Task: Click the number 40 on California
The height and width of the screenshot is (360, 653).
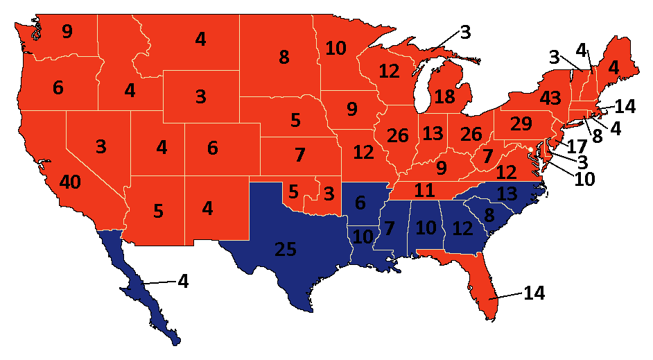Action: [69, 182]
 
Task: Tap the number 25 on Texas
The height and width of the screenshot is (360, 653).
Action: [288, 249]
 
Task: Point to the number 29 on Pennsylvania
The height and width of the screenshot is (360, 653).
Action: [521, 125]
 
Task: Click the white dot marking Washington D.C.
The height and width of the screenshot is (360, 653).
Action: [530, 149]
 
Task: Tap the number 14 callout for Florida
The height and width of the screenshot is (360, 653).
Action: [534, 293]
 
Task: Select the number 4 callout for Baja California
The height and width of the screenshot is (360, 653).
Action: [183, 282]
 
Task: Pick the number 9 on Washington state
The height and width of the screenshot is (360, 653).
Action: [67, 32]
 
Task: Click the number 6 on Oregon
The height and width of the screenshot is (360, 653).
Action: [58, 88]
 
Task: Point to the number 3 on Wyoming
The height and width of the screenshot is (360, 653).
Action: [200, 96]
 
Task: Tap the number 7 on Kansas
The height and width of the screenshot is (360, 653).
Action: [299, 155]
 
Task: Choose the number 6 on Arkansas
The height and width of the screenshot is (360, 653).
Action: [359, 203]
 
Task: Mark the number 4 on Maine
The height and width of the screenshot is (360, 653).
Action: [613, 69]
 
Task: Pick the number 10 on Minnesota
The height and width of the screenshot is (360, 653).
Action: [336, 49]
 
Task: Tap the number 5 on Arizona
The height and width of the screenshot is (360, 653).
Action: [158, 211]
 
